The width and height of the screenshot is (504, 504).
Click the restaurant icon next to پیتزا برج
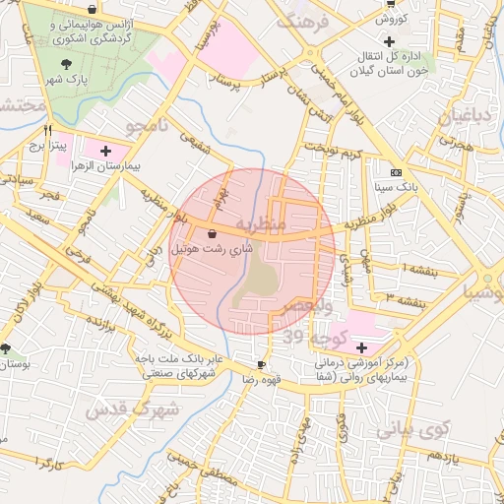click(x=47, y=129)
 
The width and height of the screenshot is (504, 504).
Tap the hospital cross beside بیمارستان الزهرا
click(x=106, y=150)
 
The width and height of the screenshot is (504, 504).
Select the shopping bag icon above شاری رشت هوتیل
click(x=213, y=234)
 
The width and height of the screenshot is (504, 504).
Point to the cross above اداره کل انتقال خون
click(x=390, y=41)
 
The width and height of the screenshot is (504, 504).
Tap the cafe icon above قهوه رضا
click(x=261, y=365)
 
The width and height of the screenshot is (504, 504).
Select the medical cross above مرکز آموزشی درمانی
click(x=361, y=346)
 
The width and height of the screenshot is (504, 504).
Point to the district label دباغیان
click(x=455, y=118)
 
